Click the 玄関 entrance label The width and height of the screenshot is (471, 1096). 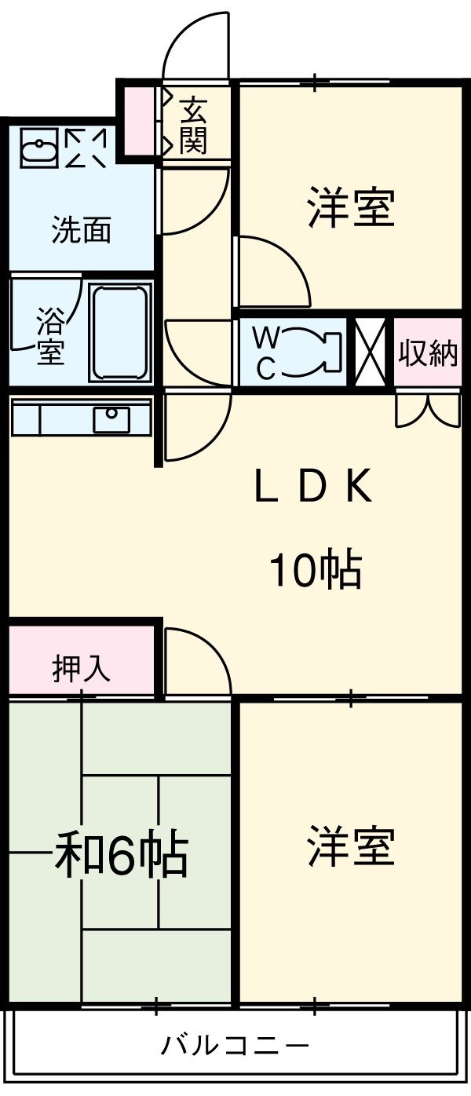pyautogui.click(x=192, y=126)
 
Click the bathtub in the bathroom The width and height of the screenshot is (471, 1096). pyautogui.click(x=119, y=332)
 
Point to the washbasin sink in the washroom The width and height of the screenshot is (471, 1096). pyautogui.click(x=38, y=148)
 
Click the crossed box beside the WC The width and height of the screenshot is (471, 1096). pyautogui.click(x=371, y=352)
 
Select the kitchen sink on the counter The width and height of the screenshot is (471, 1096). pyautogui.click(x=111, y=419)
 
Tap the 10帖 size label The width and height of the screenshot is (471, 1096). pyautogui.click(x=316, y=569)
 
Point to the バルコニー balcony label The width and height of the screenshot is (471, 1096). pyautogui.click(x=235, y=1045)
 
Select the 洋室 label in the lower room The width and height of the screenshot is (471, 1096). pyautogui.click(x=351, y=846)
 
